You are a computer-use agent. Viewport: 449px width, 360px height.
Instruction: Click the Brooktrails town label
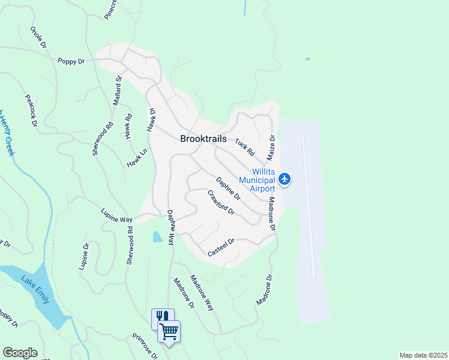click(x=203, y=139)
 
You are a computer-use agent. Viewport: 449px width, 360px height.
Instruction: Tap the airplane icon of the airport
click(x=285, y=179)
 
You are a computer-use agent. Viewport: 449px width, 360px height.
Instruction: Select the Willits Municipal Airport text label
click(x=256, y=179)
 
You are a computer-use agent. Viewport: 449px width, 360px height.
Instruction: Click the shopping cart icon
click(x=169, y=330)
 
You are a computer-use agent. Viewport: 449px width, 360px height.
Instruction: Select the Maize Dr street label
click(x=272, y=147)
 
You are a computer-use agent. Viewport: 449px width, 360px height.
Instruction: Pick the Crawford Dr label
click(x=220, y=203)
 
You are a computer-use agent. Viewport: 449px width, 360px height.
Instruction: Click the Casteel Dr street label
click(x=220, y=248)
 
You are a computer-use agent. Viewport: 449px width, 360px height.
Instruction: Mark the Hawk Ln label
click(x=137, y=158)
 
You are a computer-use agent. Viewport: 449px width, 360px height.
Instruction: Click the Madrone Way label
click(x=202, y=292)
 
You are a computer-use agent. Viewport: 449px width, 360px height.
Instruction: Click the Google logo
click(x=20, y=353)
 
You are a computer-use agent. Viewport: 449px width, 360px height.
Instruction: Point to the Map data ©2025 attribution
click(x=423, y=355)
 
